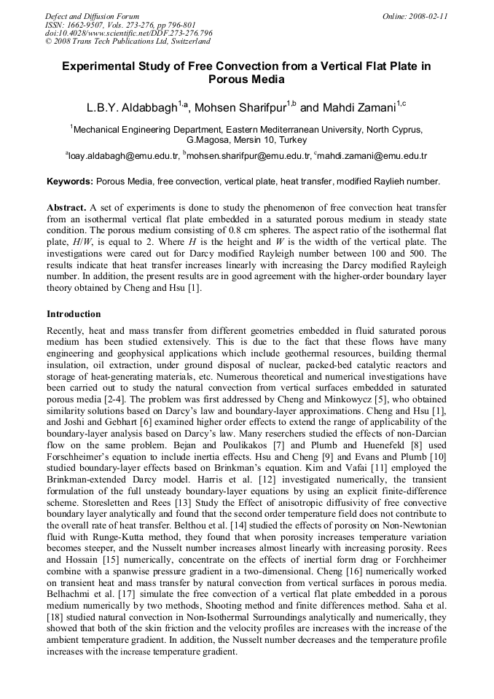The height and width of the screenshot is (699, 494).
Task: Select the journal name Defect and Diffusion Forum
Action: [92, 15]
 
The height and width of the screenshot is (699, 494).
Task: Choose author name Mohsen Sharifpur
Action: [242, 108]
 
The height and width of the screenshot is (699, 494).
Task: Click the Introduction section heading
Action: [74, 314]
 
